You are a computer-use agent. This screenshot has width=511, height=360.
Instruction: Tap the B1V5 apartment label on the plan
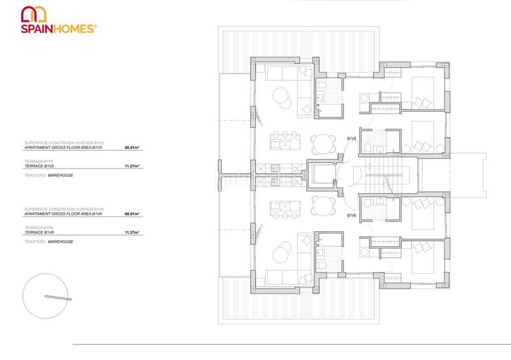(351, 139)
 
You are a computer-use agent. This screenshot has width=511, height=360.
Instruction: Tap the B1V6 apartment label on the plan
(351, 216)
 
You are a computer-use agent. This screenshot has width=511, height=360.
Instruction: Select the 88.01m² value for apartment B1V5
(132, 147)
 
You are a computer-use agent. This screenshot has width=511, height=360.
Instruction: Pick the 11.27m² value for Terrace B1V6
(132, 233)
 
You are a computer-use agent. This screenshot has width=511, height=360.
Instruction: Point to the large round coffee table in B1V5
(280, 96)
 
